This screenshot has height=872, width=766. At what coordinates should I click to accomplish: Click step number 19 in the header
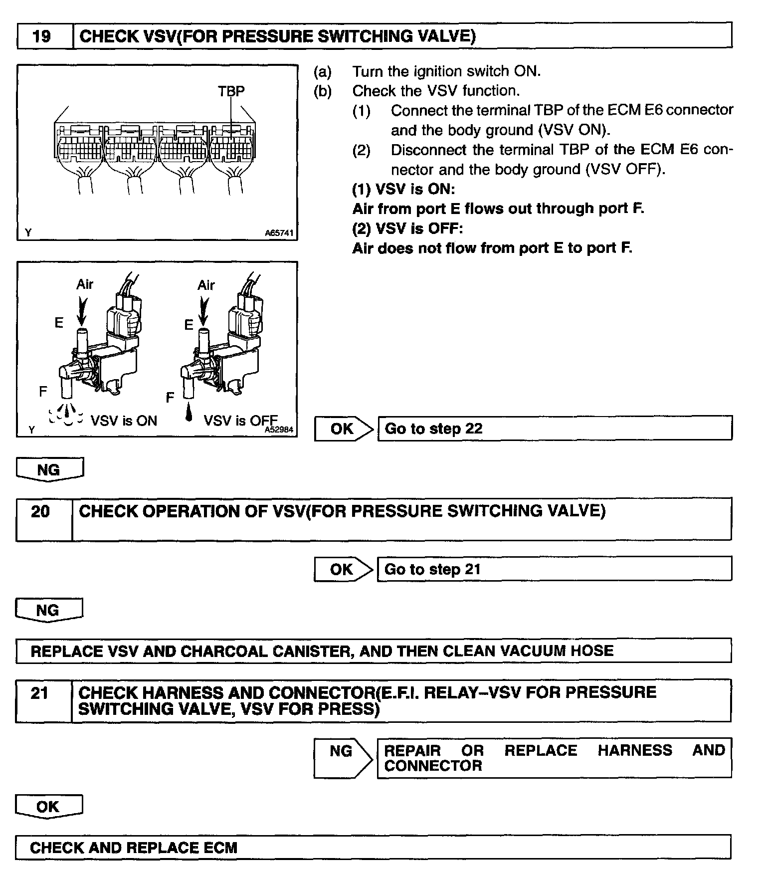coord(42,36)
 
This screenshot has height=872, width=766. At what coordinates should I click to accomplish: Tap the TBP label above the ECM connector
coord(231,91)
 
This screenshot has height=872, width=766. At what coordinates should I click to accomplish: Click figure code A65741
coord(279,233)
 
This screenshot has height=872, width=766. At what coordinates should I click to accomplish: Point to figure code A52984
coord(279,429)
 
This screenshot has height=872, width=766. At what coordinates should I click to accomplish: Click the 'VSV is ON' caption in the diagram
coord(124,421)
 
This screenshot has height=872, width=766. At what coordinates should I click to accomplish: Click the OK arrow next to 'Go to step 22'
coord(344,429)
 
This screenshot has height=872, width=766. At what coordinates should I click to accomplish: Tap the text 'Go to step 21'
coord(432,569)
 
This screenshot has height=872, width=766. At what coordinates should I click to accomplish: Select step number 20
coord(40,512)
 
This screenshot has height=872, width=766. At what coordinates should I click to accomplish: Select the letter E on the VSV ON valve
coord(59,323)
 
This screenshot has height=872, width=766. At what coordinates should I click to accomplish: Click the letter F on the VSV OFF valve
coord(170,398)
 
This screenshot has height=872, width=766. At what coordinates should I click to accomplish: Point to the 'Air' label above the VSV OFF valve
coord(206,285)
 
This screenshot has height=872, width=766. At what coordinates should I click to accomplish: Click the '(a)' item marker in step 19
coord(322,72)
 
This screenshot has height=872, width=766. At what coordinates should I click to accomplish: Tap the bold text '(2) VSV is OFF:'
coord(407,228)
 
